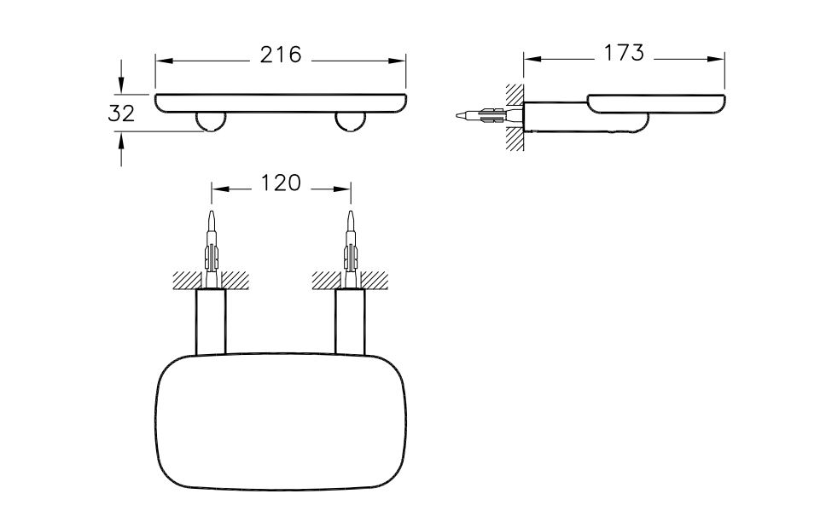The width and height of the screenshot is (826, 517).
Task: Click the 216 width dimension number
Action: [281, 55]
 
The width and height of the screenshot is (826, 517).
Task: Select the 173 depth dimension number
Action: [624, 53]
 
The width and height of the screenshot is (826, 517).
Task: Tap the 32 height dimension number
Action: [121, 113]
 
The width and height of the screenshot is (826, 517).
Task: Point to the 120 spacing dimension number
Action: [281, 183]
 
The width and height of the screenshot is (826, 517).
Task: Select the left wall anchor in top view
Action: [210, 243]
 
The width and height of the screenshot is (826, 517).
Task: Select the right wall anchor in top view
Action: [349, 243]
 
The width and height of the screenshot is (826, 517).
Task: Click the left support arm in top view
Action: [210, 322]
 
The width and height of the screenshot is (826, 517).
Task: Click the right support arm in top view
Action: [349, 322]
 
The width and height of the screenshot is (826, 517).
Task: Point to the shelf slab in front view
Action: [281, 102]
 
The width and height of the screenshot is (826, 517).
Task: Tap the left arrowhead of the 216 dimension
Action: [162, 60]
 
